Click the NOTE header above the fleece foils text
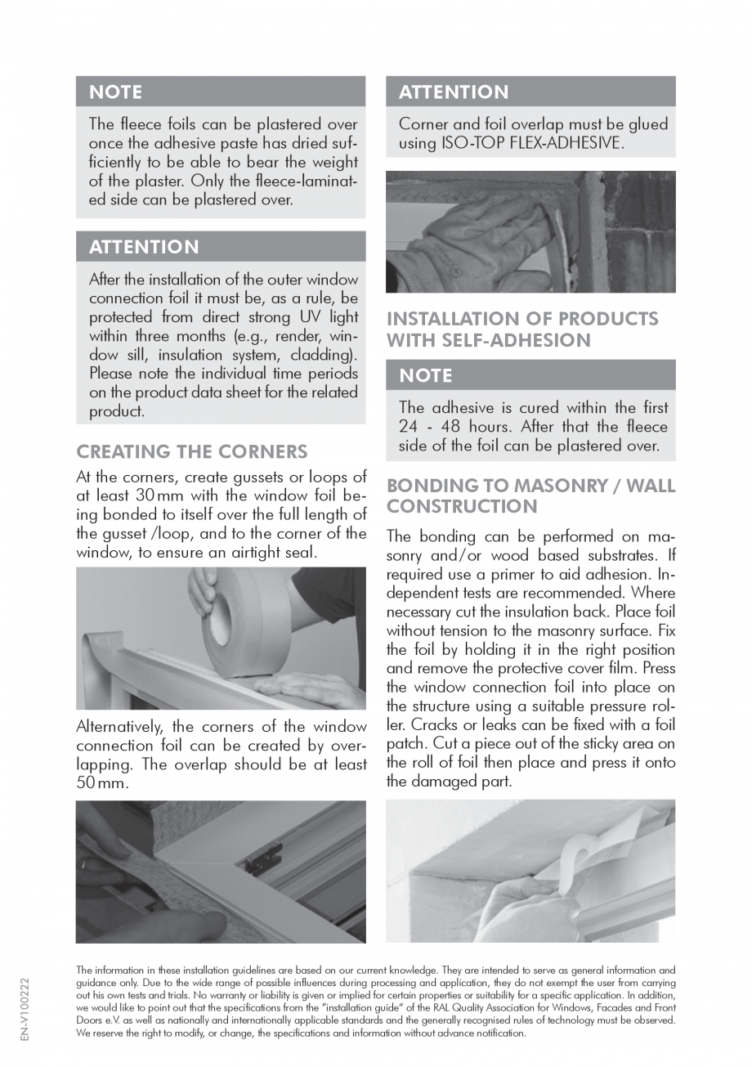115,92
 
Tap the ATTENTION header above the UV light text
144,247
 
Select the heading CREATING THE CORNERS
191,451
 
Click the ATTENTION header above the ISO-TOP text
454,92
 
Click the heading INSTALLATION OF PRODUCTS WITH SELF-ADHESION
521,330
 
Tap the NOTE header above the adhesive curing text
426,375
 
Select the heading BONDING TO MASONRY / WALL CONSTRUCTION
530,496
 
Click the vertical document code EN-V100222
24,1010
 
